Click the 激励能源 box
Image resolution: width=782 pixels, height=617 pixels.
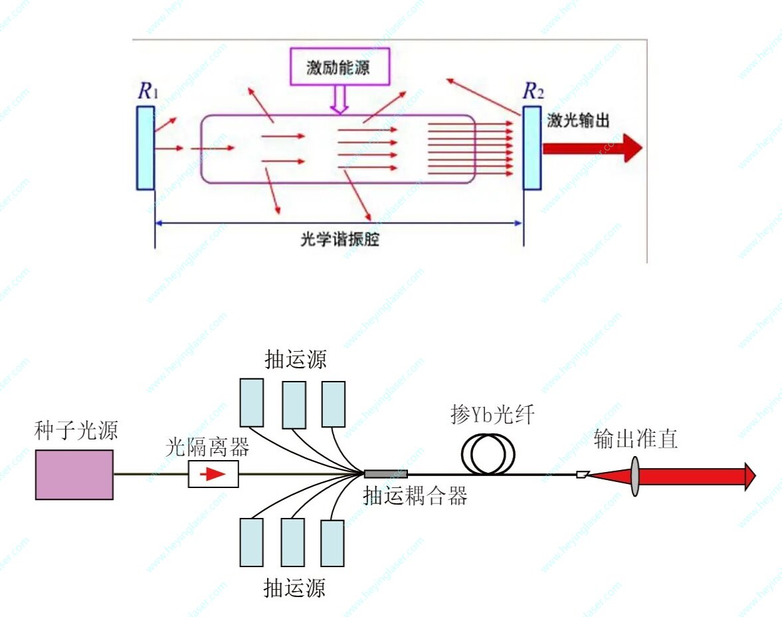tap(339, 67)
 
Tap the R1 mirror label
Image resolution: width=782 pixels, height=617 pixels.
tap(147, 91)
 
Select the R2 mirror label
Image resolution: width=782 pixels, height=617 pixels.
tap(533, 91)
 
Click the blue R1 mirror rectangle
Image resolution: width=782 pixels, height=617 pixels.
tap(146, 148)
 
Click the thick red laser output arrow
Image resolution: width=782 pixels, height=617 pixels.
tap(591, 148)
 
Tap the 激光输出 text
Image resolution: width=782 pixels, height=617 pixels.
tap(577, 120)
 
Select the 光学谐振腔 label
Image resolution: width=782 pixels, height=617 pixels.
tap(340, 239)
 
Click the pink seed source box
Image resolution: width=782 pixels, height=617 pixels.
tap(74, 474)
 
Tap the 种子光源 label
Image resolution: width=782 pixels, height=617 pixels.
tap(76, 432)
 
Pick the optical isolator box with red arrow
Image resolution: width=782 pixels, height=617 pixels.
tap(213, 474)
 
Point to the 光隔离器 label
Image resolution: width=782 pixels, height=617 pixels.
tap(207, 447)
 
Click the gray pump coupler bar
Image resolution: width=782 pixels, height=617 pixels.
tap(386, 474)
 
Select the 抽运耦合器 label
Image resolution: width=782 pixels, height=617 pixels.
tap(415, 495)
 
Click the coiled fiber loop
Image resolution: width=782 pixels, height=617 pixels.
tap(488, 454)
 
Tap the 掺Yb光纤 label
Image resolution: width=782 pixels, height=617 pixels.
tap(492, 416)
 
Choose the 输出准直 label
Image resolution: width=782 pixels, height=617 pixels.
tap(635, 439)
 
